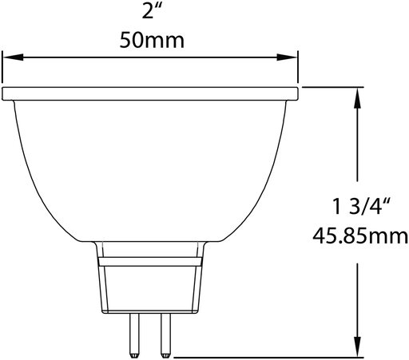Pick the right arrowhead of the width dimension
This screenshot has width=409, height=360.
click(x=293, y=57)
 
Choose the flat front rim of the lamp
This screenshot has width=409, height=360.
click(x=153, y=94)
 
